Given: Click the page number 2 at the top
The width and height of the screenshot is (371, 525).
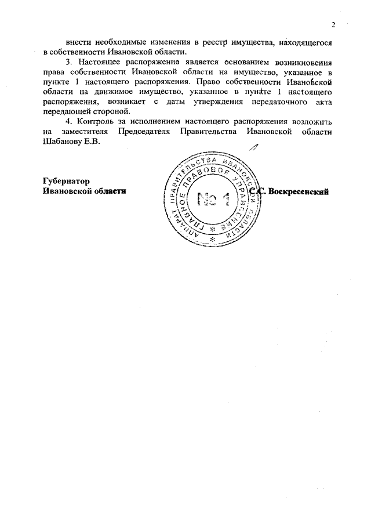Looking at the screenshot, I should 333,24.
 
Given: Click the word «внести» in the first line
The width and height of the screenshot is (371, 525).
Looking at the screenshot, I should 78,42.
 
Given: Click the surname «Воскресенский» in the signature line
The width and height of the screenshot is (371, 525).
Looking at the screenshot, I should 300,191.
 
